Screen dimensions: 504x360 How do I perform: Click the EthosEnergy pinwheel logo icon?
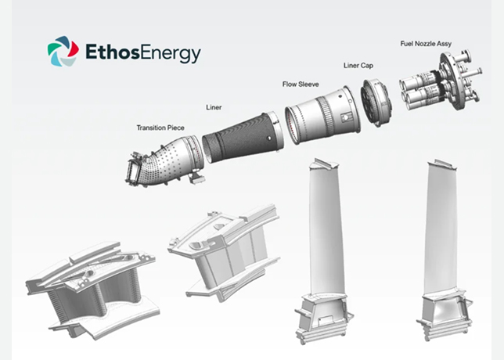[x=63, y=51]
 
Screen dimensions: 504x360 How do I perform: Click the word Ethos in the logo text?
[x=113, y=52]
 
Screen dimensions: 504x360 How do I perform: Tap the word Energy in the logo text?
[x=171, y=54]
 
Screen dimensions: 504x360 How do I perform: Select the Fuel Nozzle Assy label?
[x=426, y=44]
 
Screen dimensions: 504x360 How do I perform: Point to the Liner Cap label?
[x=358, y=66]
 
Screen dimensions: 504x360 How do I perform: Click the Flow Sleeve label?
[x=301, y=85]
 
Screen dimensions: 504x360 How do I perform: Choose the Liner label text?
[x=214, y=107]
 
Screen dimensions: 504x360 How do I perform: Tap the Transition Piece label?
[x=160, y=128]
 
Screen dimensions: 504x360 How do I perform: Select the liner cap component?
[x=376, y=103]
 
